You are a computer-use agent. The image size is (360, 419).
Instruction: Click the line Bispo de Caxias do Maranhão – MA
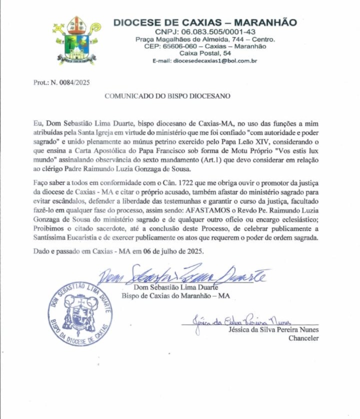(x=176, y=295)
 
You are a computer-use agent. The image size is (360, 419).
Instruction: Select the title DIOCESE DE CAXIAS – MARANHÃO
(x=205, y=22)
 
